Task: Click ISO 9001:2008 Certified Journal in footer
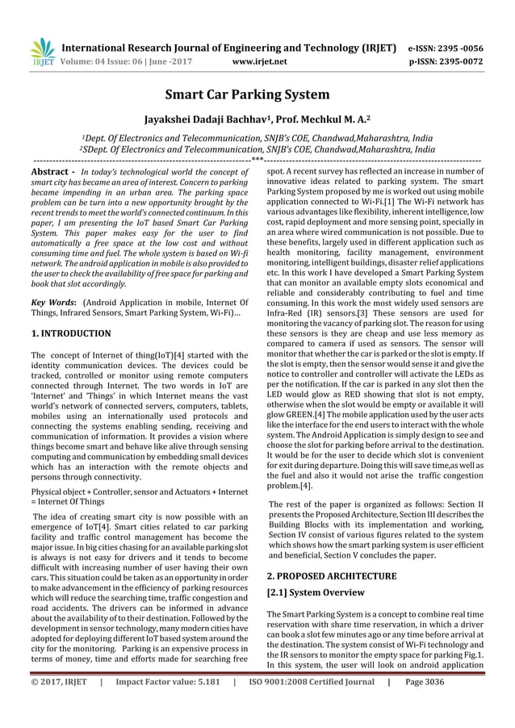(310, 703)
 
